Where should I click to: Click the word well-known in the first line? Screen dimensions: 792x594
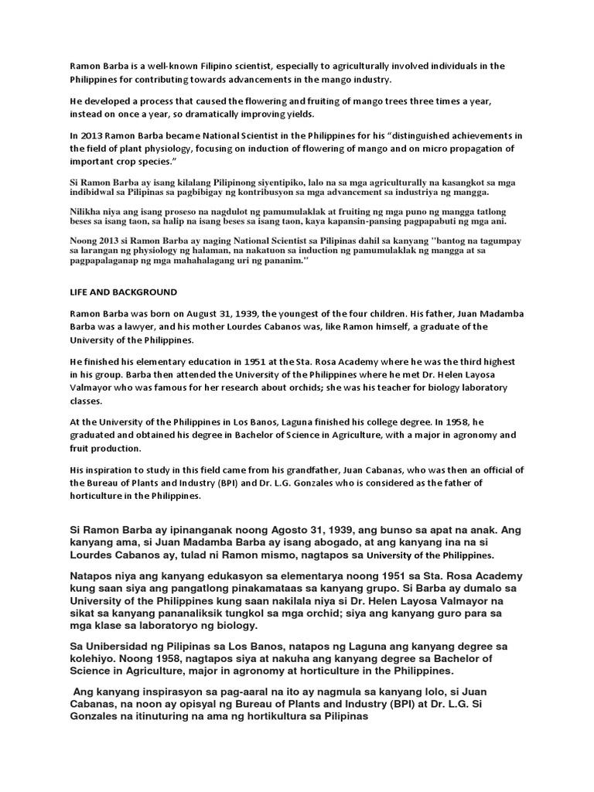(x=152, y=67)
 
